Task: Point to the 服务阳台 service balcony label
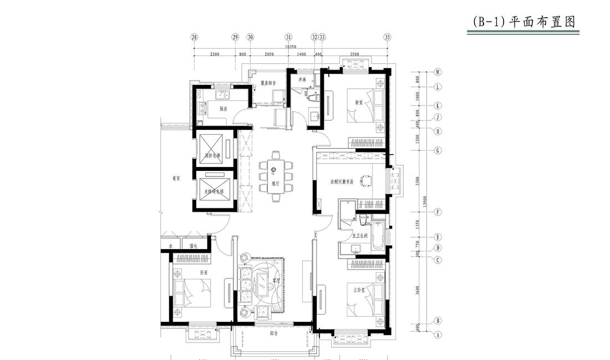click(x=268, y=83)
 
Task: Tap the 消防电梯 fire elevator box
click(x=213, y=148)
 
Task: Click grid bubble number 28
click(x=194, y=37)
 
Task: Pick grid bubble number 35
click(x=387, y=37)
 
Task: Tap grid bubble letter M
click(x=438, y=72)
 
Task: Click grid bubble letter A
click(x=438, y=334)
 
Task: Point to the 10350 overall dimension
click(x=290, y=47)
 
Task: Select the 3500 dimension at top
click(x=354, y=54)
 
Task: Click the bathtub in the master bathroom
click(x=378, y=235)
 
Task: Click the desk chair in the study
click(x=365, y=179)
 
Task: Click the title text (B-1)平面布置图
click(x=523, y=22)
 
